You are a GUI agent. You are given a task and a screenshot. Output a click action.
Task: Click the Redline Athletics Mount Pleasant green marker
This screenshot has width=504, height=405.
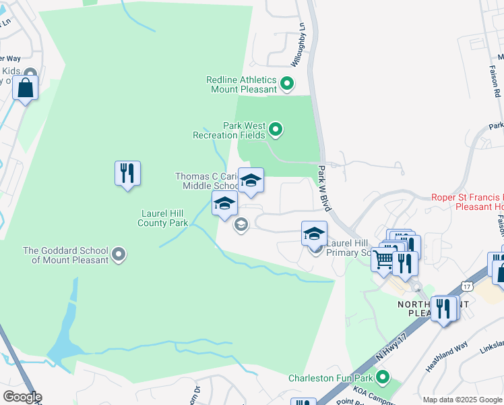tap(286, 84)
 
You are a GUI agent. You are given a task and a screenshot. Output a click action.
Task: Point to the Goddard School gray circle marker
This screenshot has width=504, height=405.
tap(119, 254)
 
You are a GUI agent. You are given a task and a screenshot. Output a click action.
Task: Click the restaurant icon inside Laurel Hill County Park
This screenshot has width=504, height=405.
tap(127, 174)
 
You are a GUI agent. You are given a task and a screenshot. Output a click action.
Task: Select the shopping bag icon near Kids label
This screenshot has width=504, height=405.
tap(25, 88)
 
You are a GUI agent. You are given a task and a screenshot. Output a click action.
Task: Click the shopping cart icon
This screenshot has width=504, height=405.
tap(383, 259)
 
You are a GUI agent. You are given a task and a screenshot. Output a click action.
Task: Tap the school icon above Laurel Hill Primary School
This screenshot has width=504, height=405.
tap(314, 234)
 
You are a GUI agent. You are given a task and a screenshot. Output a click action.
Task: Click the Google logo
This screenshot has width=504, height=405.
tap(22, 397)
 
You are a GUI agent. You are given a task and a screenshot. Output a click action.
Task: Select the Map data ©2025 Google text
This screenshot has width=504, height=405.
tap(462, 400)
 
